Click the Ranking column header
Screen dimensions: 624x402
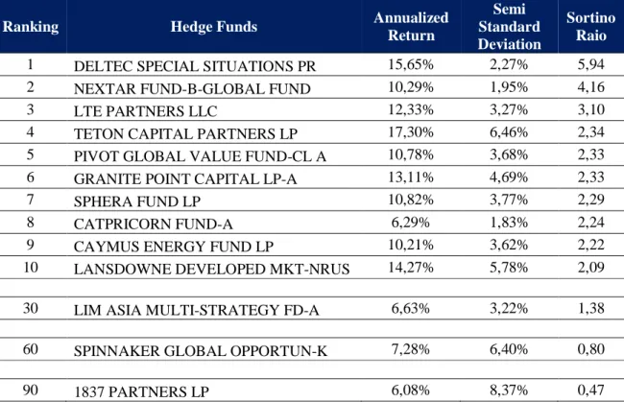[x=31, y=27]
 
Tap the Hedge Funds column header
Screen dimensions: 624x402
[x=214, y=27]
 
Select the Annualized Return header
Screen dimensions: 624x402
[x=411, y=26]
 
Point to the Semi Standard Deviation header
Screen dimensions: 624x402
[x=510, y=26]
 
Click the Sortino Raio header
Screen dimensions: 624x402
[x=591, y=26]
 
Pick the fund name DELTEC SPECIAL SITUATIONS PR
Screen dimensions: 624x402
[x=195, y=66]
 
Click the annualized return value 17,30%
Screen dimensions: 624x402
[x=411, y=132]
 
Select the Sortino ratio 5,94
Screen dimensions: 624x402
[x=591, y=64]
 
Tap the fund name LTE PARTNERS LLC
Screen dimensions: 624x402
[x=145, y=111]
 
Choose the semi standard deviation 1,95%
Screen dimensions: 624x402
[x=509, y=87]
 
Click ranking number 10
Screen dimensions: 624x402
[x=31, y=268]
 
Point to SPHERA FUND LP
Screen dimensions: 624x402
[x=137, y=201]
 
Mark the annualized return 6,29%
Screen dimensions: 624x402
[x=411, y=223]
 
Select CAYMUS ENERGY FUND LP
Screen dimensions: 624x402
[x=174, y=247]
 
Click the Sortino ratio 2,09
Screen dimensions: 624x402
[x=591, y=268]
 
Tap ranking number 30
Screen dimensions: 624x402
[x=31, y=308]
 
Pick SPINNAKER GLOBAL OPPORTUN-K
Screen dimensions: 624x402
[x=201, y=351]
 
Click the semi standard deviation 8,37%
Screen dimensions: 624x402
[x=509, y=390]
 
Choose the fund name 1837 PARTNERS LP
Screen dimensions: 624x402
[x=141, y=391]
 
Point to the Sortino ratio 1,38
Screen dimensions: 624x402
[x=591, y=308]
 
